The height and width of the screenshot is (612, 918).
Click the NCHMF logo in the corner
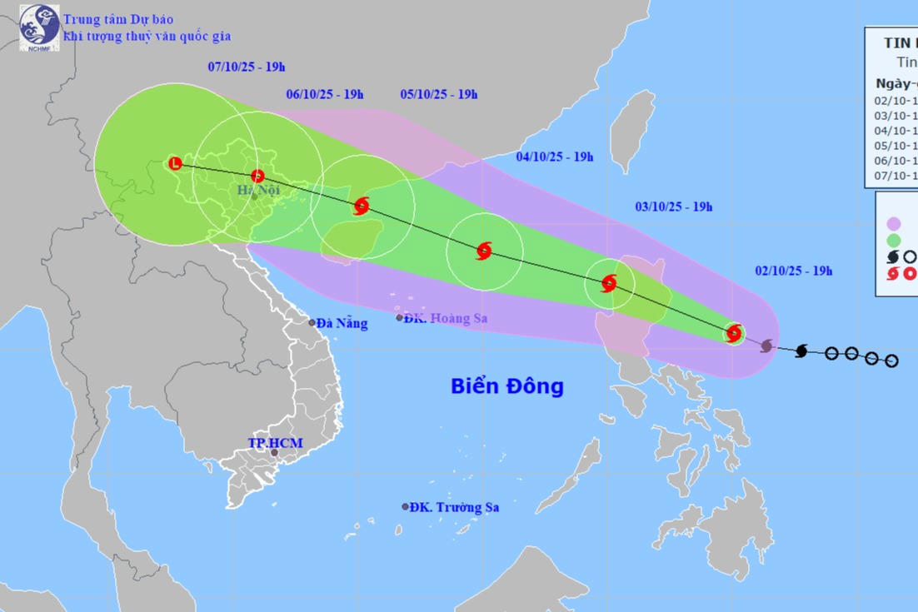click(x=39, y=27)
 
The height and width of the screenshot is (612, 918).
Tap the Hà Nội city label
click(x=257, y=191)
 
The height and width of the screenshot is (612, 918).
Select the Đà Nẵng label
click(x=342, y=324)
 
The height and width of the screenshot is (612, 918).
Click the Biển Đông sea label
click(x=507, y=386)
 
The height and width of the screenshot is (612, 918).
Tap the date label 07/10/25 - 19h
click(x=247, y=67)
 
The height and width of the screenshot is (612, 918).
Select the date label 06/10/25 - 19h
click(x=325, y=94)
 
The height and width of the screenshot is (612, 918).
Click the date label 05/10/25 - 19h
click(x=439, y=94)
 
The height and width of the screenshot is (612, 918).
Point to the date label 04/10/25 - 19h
click(x=554, y=157)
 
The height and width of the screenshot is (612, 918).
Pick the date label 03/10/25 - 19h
click(x=674, y=206)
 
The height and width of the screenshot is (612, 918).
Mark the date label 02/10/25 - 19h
click(x=794, y=271)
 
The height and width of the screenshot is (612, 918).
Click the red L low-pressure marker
click(x=174, y=163)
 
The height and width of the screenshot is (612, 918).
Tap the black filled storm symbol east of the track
click(x=801, y=351)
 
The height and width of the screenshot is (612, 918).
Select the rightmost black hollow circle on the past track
click(x=891, y=361)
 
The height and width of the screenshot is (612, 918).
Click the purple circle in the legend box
click(x=894, y=223)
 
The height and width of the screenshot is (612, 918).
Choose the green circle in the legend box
click(x=894, y=240)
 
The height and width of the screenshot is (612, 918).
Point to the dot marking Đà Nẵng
click(x=312, y=323)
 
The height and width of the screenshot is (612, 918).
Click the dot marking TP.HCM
click(x=274, y=453)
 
